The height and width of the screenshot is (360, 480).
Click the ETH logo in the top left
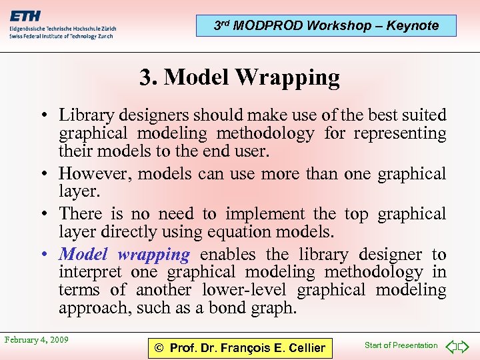tap(25, 16)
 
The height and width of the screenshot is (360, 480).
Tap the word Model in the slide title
tap(199, 77)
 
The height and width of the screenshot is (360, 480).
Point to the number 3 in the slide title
tap(145, 77)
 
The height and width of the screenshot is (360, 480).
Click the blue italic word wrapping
tap(153, 255)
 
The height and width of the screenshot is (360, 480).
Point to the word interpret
tap(90, 272)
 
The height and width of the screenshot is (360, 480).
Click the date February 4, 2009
tap(37, 340)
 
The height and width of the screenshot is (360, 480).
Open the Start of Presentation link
tap(401, 345)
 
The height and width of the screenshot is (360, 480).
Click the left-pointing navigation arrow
tap(451, 346)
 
